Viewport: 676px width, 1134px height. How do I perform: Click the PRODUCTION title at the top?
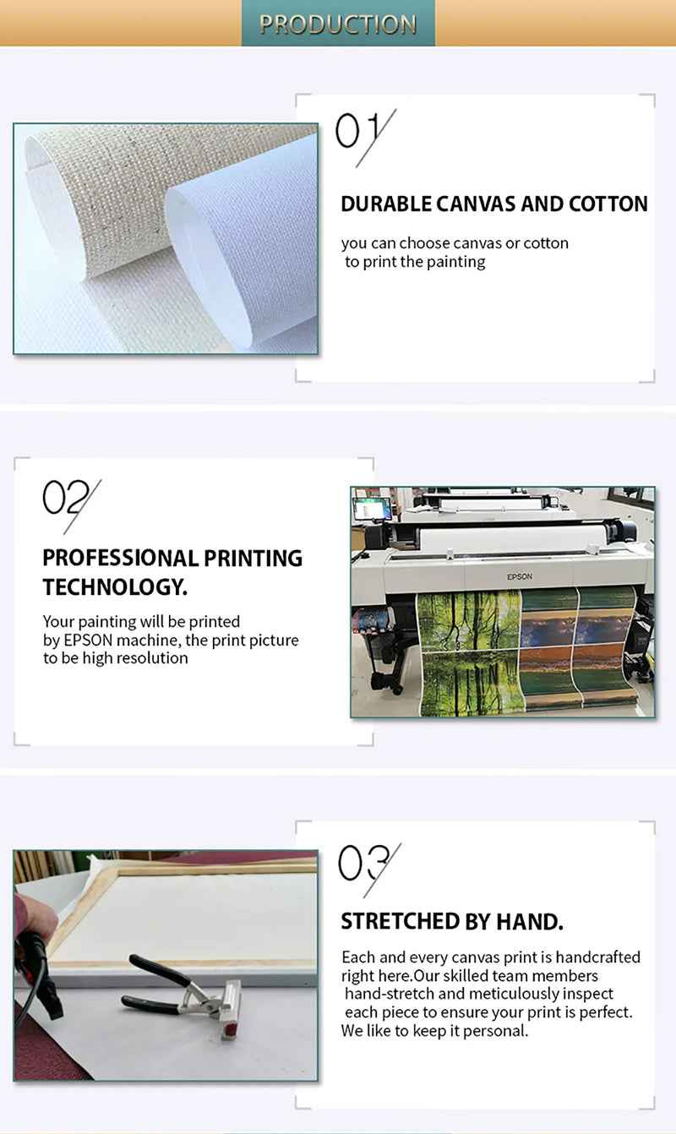click(338, 24)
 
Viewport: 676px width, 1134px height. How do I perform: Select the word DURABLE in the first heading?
click(385, 204)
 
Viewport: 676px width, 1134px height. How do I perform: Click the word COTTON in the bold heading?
click(608, 204)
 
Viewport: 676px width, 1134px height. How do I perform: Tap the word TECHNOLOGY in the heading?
click(115, 587)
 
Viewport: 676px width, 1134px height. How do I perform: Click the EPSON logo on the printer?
click(520, 576)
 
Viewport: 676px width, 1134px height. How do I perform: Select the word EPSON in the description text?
click(88, 640)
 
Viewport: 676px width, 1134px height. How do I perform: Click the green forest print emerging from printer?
click(470, 653)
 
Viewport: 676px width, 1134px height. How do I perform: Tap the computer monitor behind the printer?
click(372, 509)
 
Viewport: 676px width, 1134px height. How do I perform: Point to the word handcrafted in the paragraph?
click(597, 957)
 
